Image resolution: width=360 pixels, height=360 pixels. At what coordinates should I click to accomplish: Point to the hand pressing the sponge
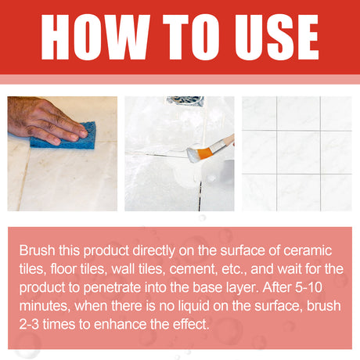(x=39, y=117)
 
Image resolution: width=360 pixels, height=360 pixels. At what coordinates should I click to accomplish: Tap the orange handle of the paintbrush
(x=221, y=143)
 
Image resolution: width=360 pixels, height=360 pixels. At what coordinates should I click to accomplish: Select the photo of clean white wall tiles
(x=296, y=153)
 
